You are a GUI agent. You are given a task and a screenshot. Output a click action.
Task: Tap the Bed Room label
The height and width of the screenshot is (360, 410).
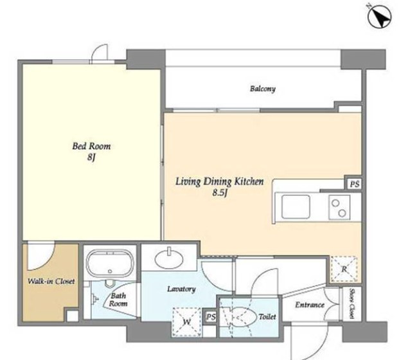pyautogui.click(x=91, y=146)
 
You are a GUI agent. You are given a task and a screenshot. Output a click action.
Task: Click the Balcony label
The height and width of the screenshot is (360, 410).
pyautogui.click(x=263, y=89)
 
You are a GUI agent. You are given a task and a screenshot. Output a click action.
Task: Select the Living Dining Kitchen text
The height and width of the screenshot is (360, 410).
pyautogui.click(x=219, y=181)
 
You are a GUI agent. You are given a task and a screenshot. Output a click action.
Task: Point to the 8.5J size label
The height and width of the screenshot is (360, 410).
pyautogui.click(x=220, y=193)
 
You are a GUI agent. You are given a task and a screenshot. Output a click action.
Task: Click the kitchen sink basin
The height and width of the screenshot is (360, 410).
pyautogui.click(x=296, y=206)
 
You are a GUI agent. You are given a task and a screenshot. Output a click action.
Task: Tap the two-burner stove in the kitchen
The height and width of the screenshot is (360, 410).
pyautogui.click(x=339, y=207)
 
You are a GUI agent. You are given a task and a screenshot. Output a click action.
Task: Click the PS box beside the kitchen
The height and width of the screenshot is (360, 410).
pyautogui.click(x=355, y=184)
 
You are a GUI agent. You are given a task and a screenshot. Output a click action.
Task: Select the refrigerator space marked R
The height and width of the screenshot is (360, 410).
pyautogui.click(x=344, y=269)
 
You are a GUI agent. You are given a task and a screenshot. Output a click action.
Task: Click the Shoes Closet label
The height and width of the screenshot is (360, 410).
pyautogui.click(x=352, y=303)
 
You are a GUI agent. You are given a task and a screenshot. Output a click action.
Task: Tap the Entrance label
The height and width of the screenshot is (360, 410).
pyautogui.click(x=310, y=305)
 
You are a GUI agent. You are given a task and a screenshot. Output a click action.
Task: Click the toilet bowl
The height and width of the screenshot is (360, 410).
pyautogui.click(x=244, y=316)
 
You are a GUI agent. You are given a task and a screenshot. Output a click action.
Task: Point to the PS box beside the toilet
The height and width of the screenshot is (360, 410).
pyautogui.click(x=211, y=317)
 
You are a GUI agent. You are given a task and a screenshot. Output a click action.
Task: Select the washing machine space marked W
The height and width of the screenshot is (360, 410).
pyautogui.click(x=187, y=322)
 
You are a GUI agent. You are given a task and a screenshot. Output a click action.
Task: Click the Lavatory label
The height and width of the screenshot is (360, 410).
pyautogui.click(x=181, y=289)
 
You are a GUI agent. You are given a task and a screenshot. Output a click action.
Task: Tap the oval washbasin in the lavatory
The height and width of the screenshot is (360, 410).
pyautogui.click(x=169, y=259)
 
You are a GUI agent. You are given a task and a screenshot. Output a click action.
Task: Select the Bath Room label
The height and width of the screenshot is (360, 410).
pyautogui.click(x=118, y=300)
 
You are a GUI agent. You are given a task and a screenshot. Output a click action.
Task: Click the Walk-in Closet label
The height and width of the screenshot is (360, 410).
pyautogui.click(x=51, y=282)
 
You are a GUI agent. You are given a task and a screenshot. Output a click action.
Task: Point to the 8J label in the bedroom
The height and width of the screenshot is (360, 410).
pyautogui.click(x=91, y=157)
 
